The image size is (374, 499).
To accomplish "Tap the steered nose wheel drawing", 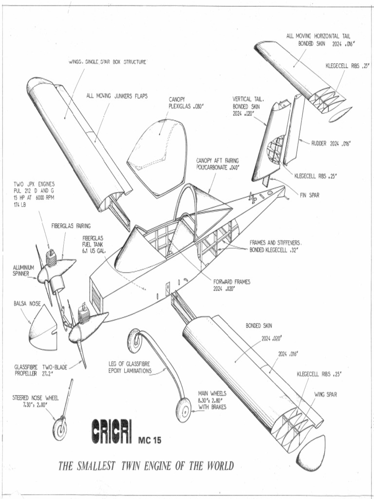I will point(60,427).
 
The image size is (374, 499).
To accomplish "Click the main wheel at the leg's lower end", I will point(184,410).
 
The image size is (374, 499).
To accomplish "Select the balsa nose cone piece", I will point(43,329).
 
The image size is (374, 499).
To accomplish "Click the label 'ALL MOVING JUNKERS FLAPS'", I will point(117,96).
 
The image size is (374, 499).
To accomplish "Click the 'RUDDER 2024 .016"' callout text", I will point(331,143).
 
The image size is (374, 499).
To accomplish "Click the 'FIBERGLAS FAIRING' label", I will point(71,226).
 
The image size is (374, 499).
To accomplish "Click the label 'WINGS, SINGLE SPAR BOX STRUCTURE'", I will point(107,62).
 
